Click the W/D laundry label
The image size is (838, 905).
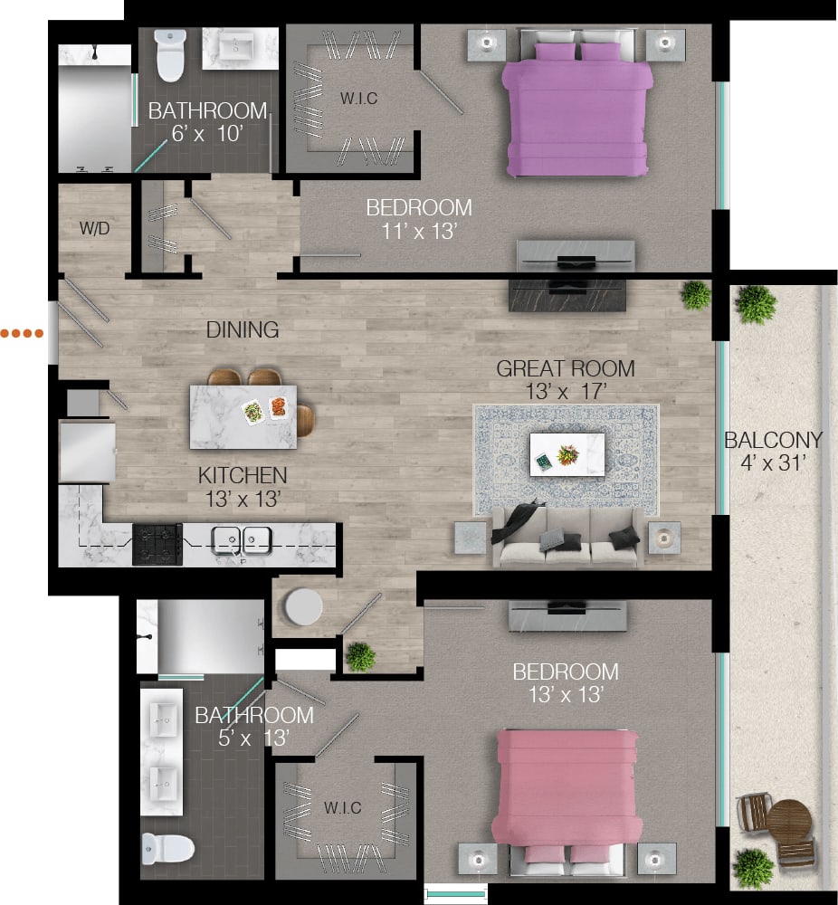(x=94, y=229)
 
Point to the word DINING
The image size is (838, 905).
(x=242, y=330)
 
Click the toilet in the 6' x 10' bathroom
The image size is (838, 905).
(x=169, y=55)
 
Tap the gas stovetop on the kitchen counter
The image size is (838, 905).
(x=157, y=544)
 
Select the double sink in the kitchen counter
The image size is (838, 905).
(x=242, y=540)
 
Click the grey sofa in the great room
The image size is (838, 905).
(x=567, y=538)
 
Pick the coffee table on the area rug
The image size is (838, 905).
(x=567, y=453)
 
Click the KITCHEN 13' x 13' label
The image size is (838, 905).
(x=243, y=485)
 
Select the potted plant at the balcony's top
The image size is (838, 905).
(x=755, y=305)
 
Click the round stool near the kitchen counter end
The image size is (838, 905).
(x=301, y=607)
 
